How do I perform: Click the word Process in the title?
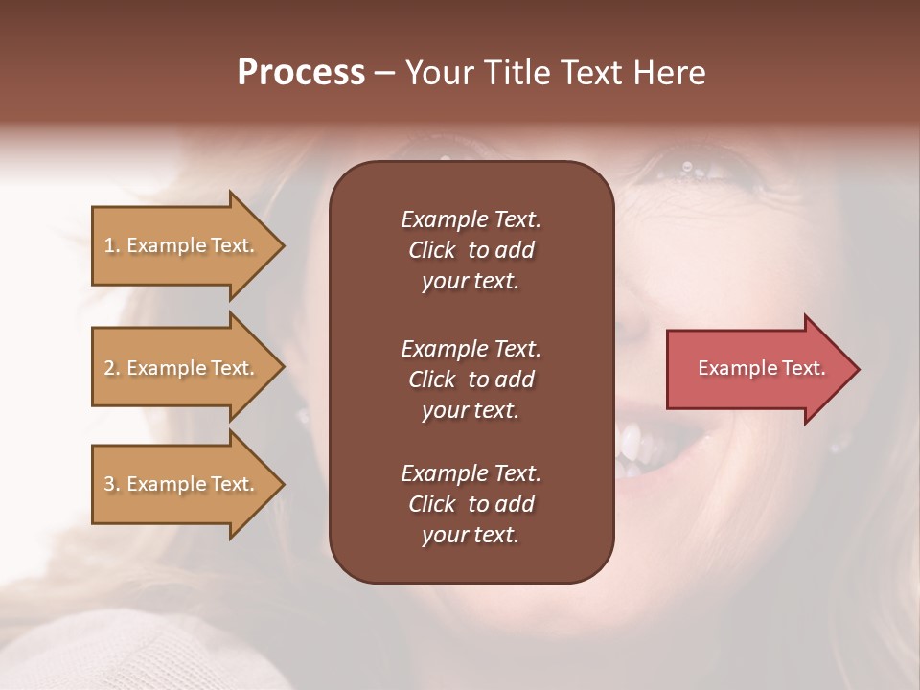[x=301, y=73]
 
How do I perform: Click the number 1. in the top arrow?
[x=112, y=245]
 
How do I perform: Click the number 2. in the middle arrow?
[x=112, y=368]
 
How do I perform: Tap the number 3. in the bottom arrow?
[x=112, y=484]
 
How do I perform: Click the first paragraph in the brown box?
[x=471, y=250]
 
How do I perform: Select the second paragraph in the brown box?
[x=471, y=379]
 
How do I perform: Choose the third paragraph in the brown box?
[x=471, y=504]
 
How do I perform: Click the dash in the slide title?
[x=385, y=73]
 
